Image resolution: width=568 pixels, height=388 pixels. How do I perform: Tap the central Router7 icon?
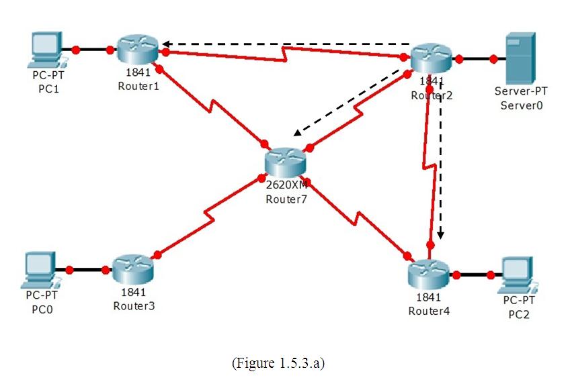tap(285, 162)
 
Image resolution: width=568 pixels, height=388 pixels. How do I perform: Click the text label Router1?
tap(138, 86)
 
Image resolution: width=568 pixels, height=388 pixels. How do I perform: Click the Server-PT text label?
tap(516, 91)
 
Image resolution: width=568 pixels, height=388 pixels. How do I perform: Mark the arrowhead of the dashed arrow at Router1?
tap(165, 45)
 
